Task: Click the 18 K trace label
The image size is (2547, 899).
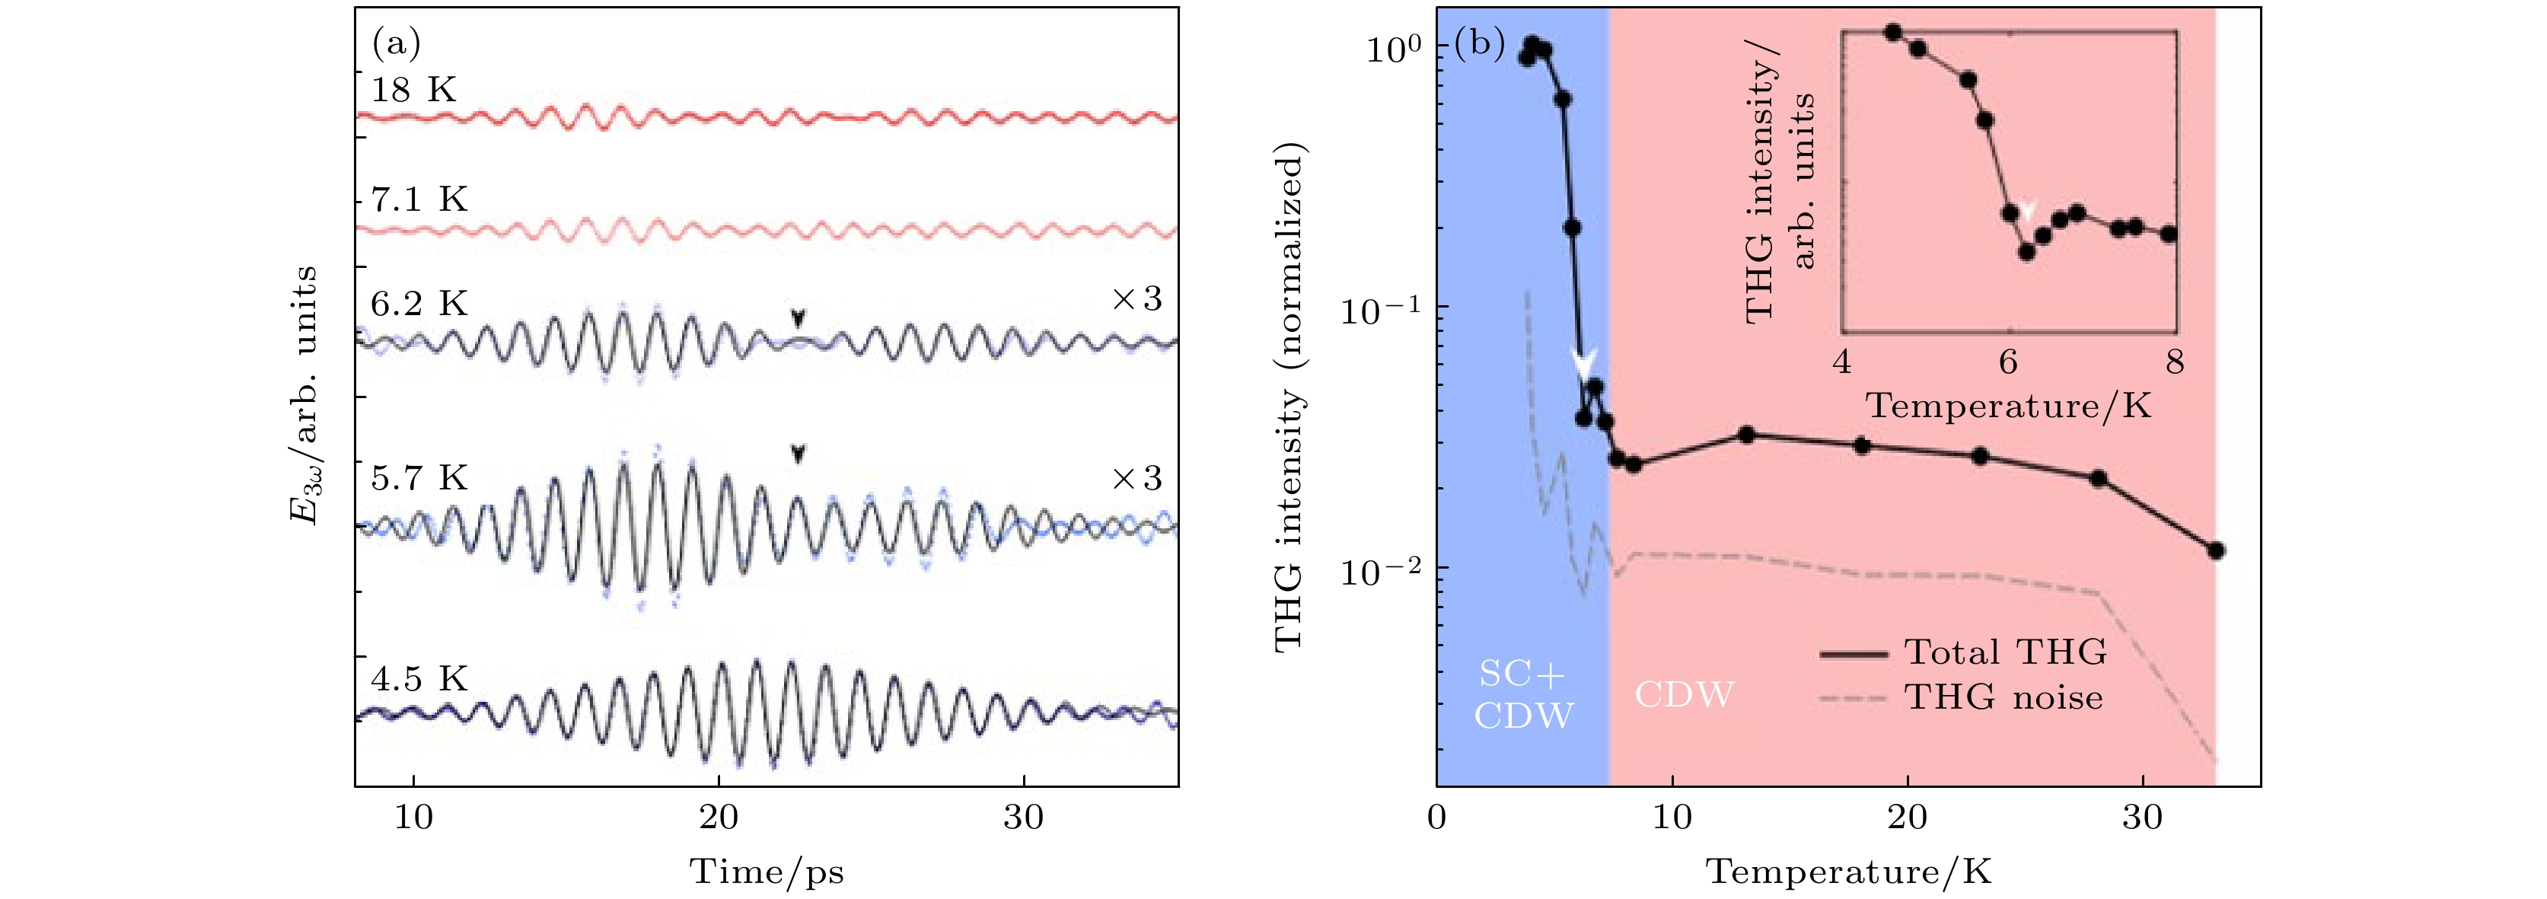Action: point(413,90)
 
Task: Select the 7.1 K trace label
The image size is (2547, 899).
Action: point(418,199)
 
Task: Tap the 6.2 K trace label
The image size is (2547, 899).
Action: point(418,304)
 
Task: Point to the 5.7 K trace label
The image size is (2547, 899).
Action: point(418,479)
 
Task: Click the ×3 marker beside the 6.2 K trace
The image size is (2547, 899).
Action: point(1137,300)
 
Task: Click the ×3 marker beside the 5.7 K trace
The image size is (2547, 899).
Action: point(1137,479)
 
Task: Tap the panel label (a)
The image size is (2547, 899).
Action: point(397,43)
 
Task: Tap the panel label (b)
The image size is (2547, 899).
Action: point(1479,43)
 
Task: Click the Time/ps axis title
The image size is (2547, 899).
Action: point(767,872)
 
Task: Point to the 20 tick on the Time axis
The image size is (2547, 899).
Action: point(718,817)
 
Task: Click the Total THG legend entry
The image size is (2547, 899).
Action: point(2005,652)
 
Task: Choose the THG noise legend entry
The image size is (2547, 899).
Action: point(2003,697)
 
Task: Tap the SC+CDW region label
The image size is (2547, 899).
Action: point(1522,693)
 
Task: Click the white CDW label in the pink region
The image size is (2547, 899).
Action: point(1684,694)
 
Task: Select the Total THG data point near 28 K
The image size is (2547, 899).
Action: point(2098,479)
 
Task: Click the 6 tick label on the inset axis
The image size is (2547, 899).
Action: point(2008,362)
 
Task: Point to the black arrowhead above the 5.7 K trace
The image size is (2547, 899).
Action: point(798,454)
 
